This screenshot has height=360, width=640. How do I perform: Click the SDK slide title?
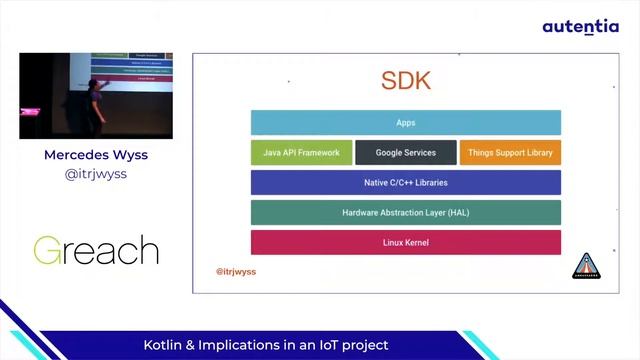405,81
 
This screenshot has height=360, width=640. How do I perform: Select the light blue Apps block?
405,123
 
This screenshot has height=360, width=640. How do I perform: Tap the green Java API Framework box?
301,154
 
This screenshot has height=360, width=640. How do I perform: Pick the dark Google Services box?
405,154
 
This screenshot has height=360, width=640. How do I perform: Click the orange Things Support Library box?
510,154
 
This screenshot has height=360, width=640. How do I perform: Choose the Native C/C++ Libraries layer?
405,183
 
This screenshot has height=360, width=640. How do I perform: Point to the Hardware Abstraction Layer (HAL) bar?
405,213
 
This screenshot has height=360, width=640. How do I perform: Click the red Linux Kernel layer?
405,243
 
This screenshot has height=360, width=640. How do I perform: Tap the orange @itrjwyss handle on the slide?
236,271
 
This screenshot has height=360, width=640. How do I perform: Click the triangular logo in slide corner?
585,266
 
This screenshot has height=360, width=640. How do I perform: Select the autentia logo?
580,27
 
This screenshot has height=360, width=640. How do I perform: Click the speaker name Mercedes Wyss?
96,155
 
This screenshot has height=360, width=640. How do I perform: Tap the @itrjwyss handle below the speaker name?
96,174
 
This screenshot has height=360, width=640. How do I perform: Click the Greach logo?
96,250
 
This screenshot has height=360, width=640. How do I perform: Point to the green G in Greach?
50,250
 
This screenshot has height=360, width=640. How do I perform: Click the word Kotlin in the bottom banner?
166,345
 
